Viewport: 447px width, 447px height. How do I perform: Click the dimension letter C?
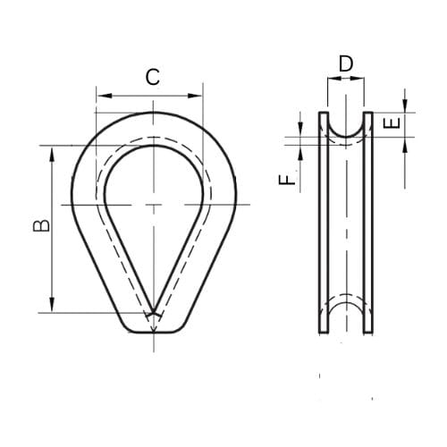153,77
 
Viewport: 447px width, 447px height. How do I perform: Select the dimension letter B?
40,228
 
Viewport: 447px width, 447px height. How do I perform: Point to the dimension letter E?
390,123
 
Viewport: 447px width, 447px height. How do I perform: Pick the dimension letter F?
286,180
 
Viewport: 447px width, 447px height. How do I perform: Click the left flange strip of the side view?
324,223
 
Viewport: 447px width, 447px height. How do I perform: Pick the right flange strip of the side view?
367,223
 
